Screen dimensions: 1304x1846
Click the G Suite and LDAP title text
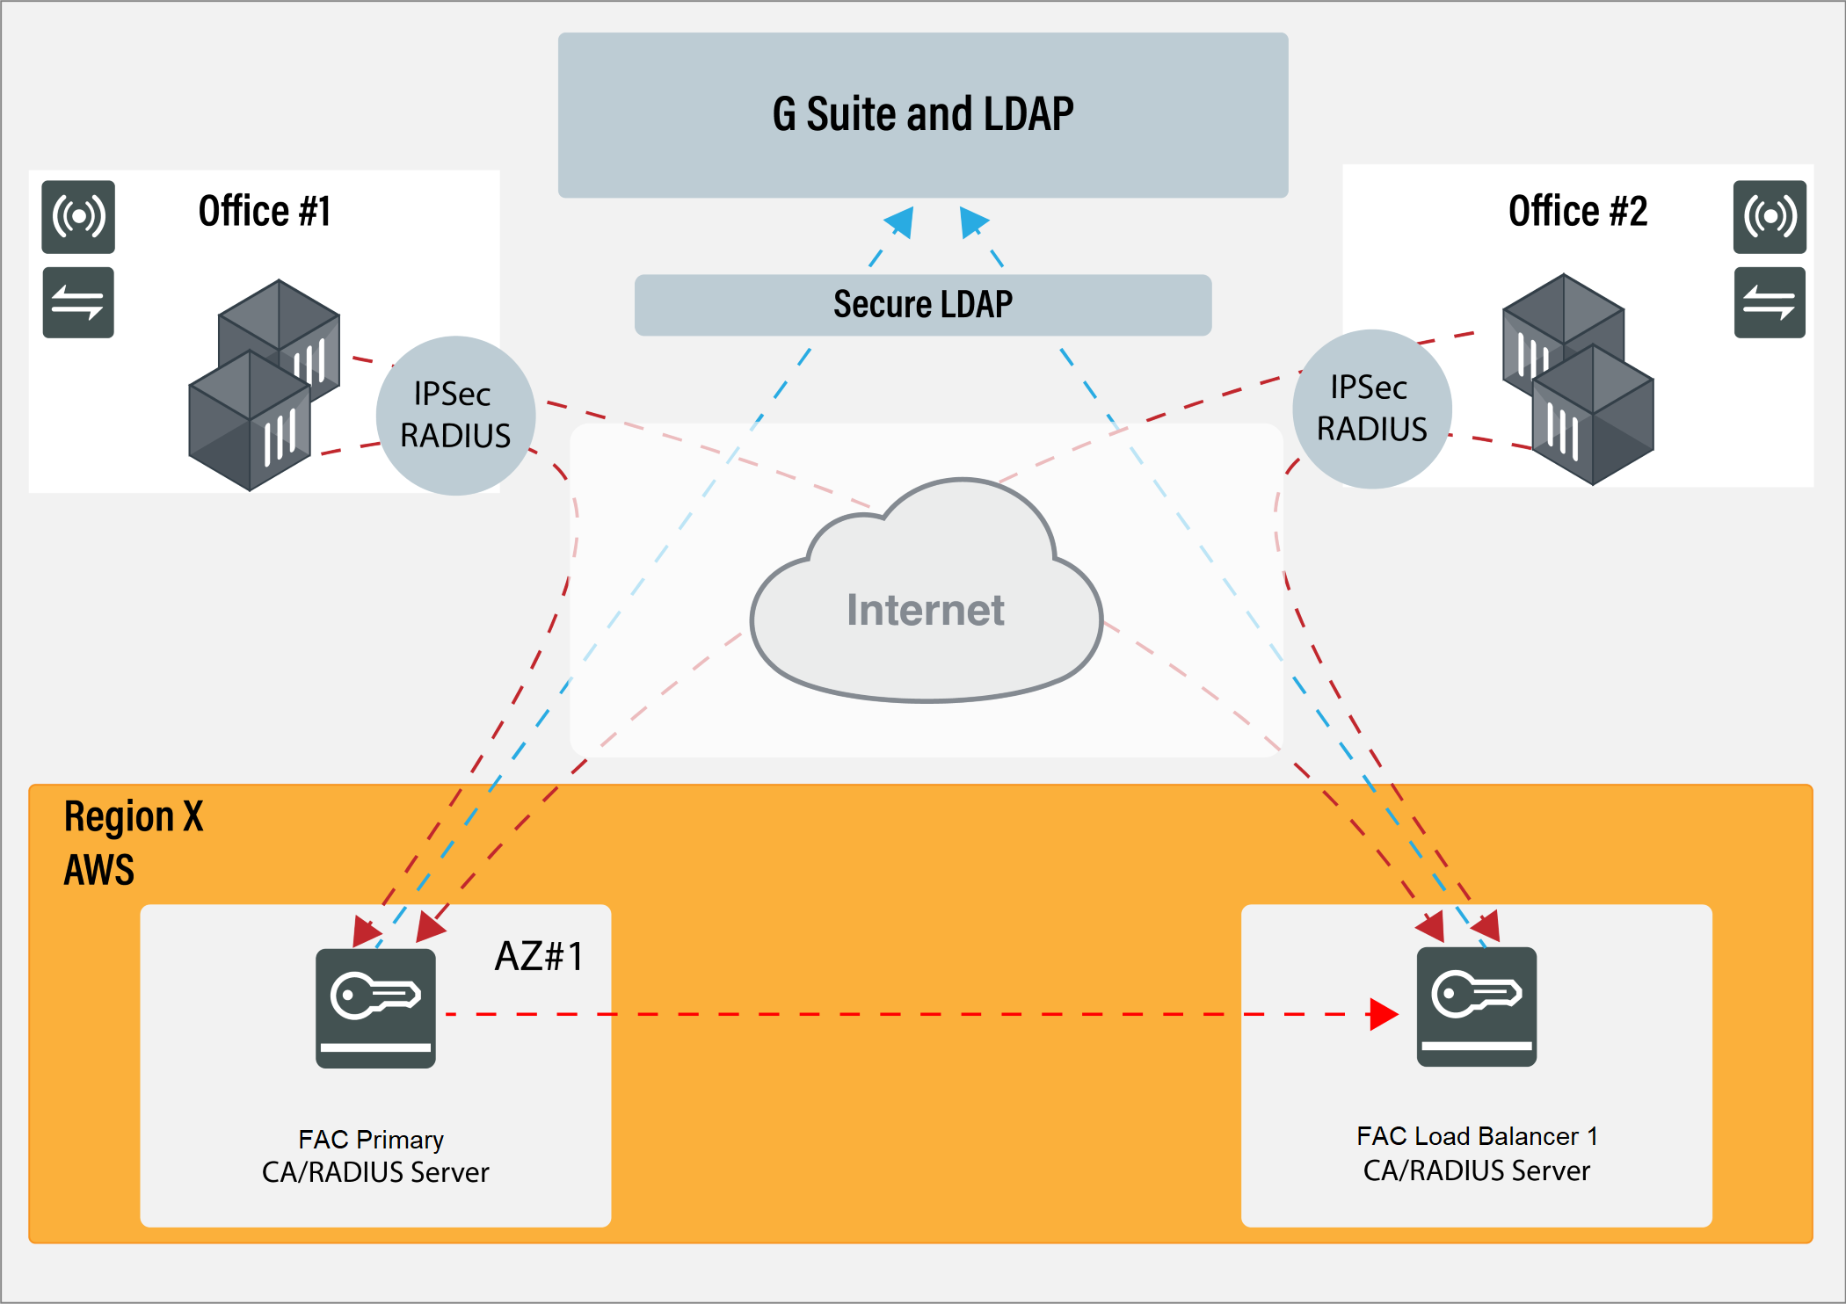click(923, 114)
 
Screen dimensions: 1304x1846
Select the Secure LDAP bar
click(923, 305)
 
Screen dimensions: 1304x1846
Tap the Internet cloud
click(926, 606)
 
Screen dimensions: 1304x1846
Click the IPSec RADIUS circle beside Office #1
click(455, 416)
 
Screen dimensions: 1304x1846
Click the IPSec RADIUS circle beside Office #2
click(1371, 409)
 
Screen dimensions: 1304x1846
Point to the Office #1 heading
click(264, 212)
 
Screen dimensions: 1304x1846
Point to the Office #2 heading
click(1577, 212)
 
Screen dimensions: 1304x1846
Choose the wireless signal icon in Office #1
click(78, 216)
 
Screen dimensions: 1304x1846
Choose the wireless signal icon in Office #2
click(1769, 216)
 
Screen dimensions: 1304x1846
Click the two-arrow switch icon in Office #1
click(78, 302)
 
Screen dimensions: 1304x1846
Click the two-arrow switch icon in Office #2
click(1769, 302)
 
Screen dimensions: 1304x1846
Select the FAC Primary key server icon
click(375, 1008)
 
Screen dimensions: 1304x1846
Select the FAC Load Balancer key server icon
click(1476, 1007)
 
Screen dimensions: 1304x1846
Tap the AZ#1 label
click(539, 956)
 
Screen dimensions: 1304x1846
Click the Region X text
click(134, 817)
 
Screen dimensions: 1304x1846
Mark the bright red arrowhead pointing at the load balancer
click(1383, 1014)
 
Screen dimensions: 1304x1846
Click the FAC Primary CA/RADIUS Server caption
click(374, 1155)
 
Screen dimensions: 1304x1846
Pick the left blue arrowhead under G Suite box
click(901, 221)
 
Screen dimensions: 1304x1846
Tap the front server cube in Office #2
click(1592, 414)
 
